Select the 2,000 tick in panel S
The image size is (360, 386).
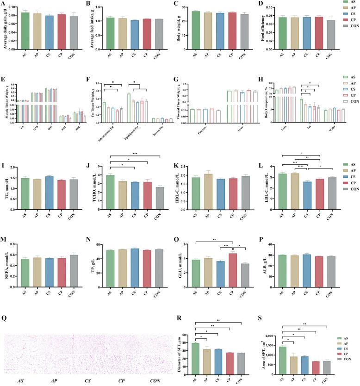click(x=274, y=323)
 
